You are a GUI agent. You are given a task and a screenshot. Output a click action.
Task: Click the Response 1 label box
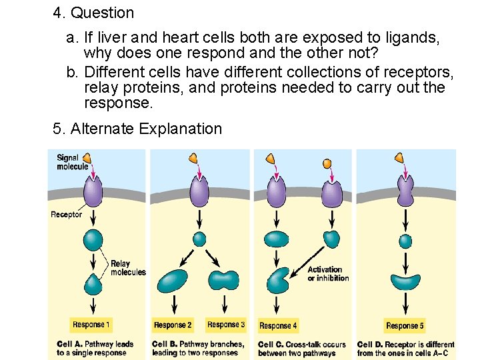coord(91,325)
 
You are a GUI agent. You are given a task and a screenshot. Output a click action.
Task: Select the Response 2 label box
coord(173,325)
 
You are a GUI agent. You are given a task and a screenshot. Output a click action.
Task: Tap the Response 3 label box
coord(225,325)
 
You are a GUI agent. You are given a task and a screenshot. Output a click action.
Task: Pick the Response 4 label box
coord(278,325)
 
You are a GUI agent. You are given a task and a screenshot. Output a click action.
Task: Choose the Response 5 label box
coord(405,325)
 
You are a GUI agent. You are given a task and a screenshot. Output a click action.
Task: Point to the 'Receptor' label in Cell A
coord(67,214)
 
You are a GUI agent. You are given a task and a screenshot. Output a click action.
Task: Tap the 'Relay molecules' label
coord(127,267)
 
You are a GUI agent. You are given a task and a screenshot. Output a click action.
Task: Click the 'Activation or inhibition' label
coord(328,273)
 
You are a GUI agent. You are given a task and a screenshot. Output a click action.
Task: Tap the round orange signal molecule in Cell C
coord(327,163)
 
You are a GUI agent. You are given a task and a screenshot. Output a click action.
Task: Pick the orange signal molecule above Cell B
coord(193,158)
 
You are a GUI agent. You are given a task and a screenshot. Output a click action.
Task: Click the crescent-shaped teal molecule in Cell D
coord(405,281)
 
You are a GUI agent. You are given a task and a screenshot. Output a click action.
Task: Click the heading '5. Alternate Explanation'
coord(137,129)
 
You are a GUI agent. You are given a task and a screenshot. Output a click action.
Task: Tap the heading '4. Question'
coord(93,13)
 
